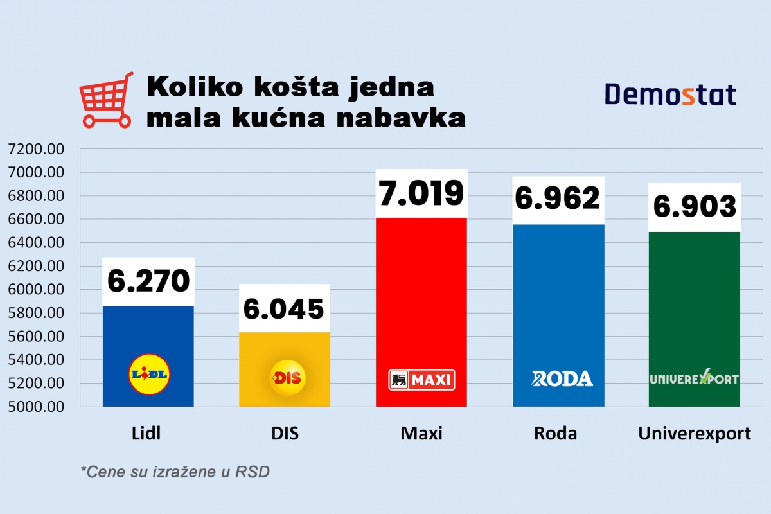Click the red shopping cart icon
[105, 100]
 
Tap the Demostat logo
[670, 95]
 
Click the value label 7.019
[421, 193]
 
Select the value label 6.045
[284, 308]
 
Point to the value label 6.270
[148, 281]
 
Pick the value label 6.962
[558, 199]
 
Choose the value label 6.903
[695, 207]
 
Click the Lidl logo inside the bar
[148, 373]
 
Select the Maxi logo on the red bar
[421, 380]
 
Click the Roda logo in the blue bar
[562, 378]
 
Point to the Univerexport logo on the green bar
[694, 378]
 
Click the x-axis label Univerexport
[695, 434]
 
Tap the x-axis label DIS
[285, 434]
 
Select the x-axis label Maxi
[421, 434]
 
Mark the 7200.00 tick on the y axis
[37, 149]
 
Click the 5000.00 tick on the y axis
[37, 407]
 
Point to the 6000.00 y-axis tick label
[37, 290]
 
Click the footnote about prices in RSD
[175, 472]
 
